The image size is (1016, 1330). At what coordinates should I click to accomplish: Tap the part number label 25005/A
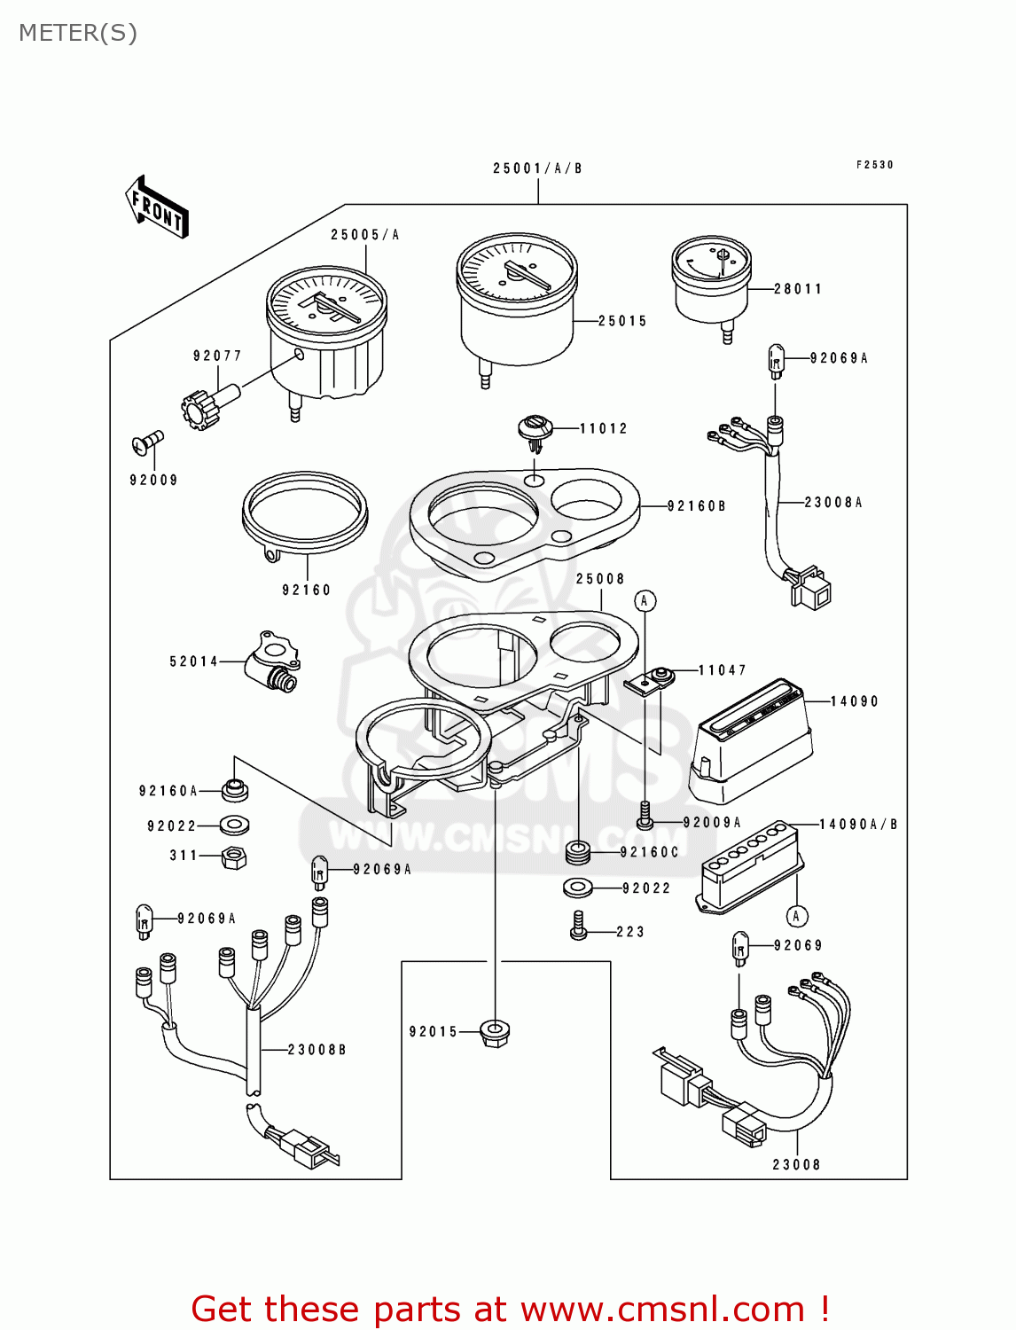click(x=365, y=235)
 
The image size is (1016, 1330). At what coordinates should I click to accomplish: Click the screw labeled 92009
click(x=148, y=440)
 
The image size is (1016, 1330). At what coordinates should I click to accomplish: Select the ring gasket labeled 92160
click(x=304, y=514)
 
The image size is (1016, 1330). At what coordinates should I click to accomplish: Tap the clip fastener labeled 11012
click(x=535, y=429)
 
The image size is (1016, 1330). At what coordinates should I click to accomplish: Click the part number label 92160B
click(x=697, y=506)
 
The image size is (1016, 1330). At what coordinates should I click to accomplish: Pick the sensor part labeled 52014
click(x=273, y=661)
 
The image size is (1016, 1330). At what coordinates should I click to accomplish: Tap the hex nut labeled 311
click(x=234, y=857)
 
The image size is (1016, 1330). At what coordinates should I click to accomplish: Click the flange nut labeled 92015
click(x=495, y=1032)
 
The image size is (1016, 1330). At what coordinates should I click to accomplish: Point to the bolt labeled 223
click(x=579, y=927)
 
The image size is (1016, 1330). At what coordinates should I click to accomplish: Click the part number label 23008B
click(x=317, y=1050)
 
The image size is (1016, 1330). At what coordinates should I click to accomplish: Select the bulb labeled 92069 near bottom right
click(x=740, y=948)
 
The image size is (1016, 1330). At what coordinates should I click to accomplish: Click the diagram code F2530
click(x=874, y=165)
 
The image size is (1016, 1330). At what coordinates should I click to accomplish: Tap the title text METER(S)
click(x=78, y=33)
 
